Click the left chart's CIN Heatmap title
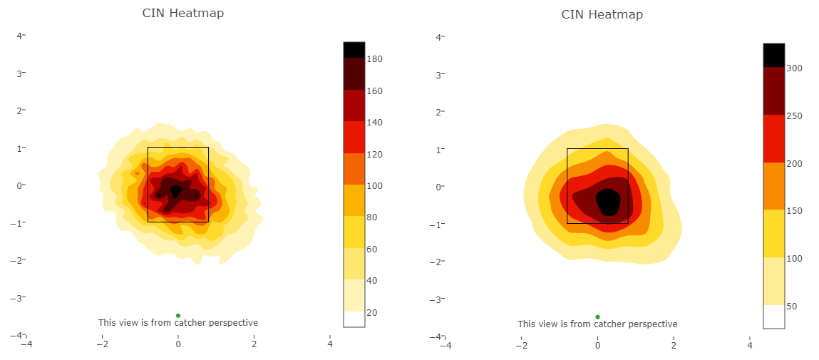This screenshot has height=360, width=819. click(x=177, y=13)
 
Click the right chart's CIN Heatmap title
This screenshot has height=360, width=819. click(x=602, y=14)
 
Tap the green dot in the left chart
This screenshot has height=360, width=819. click(x=177, y=315)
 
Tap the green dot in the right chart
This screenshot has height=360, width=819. click(x=597, y=317)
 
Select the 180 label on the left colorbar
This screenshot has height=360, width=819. click(x=376, y=59)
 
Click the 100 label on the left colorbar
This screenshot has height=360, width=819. click(x=376, y=186)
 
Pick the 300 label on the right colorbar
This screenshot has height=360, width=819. click(x=796, y=68)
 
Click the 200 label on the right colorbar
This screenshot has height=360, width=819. click(x=796, y=164)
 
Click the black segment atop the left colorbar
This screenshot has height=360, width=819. click(x=354, y=49)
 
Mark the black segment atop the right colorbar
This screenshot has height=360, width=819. click(x=773, y=55)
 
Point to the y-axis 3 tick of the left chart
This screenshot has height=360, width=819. click(x=20, y=73)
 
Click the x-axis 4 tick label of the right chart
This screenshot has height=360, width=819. click(x=749, y=346)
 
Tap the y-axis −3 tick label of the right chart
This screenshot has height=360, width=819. click(x=438, y=299)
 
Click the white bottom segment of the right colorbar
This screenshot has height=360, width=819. click(x=773, y=317)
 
